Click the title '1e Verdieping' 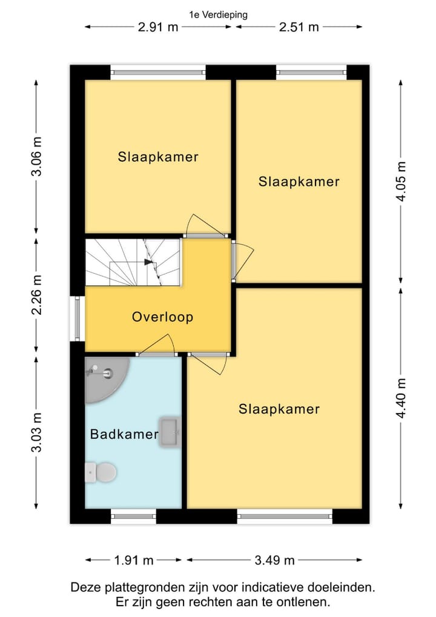(219, 15)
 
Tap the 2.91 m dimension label (158, 27)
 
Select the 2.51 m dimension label (299, 27)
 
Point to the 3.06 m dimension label (36, 157)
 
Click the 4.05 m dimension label (401, 182)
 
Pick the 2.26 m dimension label (36, 295)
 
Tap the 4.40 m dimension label (401, 398)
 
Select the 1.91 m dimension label (134, 559)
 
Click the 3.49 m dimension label (275, 559)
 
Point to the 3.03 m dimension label (36, 432)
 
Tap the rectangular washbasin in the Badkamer (170, 432)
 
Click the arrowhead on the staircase (149, 262)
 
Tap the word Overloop (162, 317)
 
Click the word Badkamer (124, 434)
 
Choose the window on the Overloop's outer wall (77, 318)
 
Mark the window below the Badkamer (133, 516)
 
